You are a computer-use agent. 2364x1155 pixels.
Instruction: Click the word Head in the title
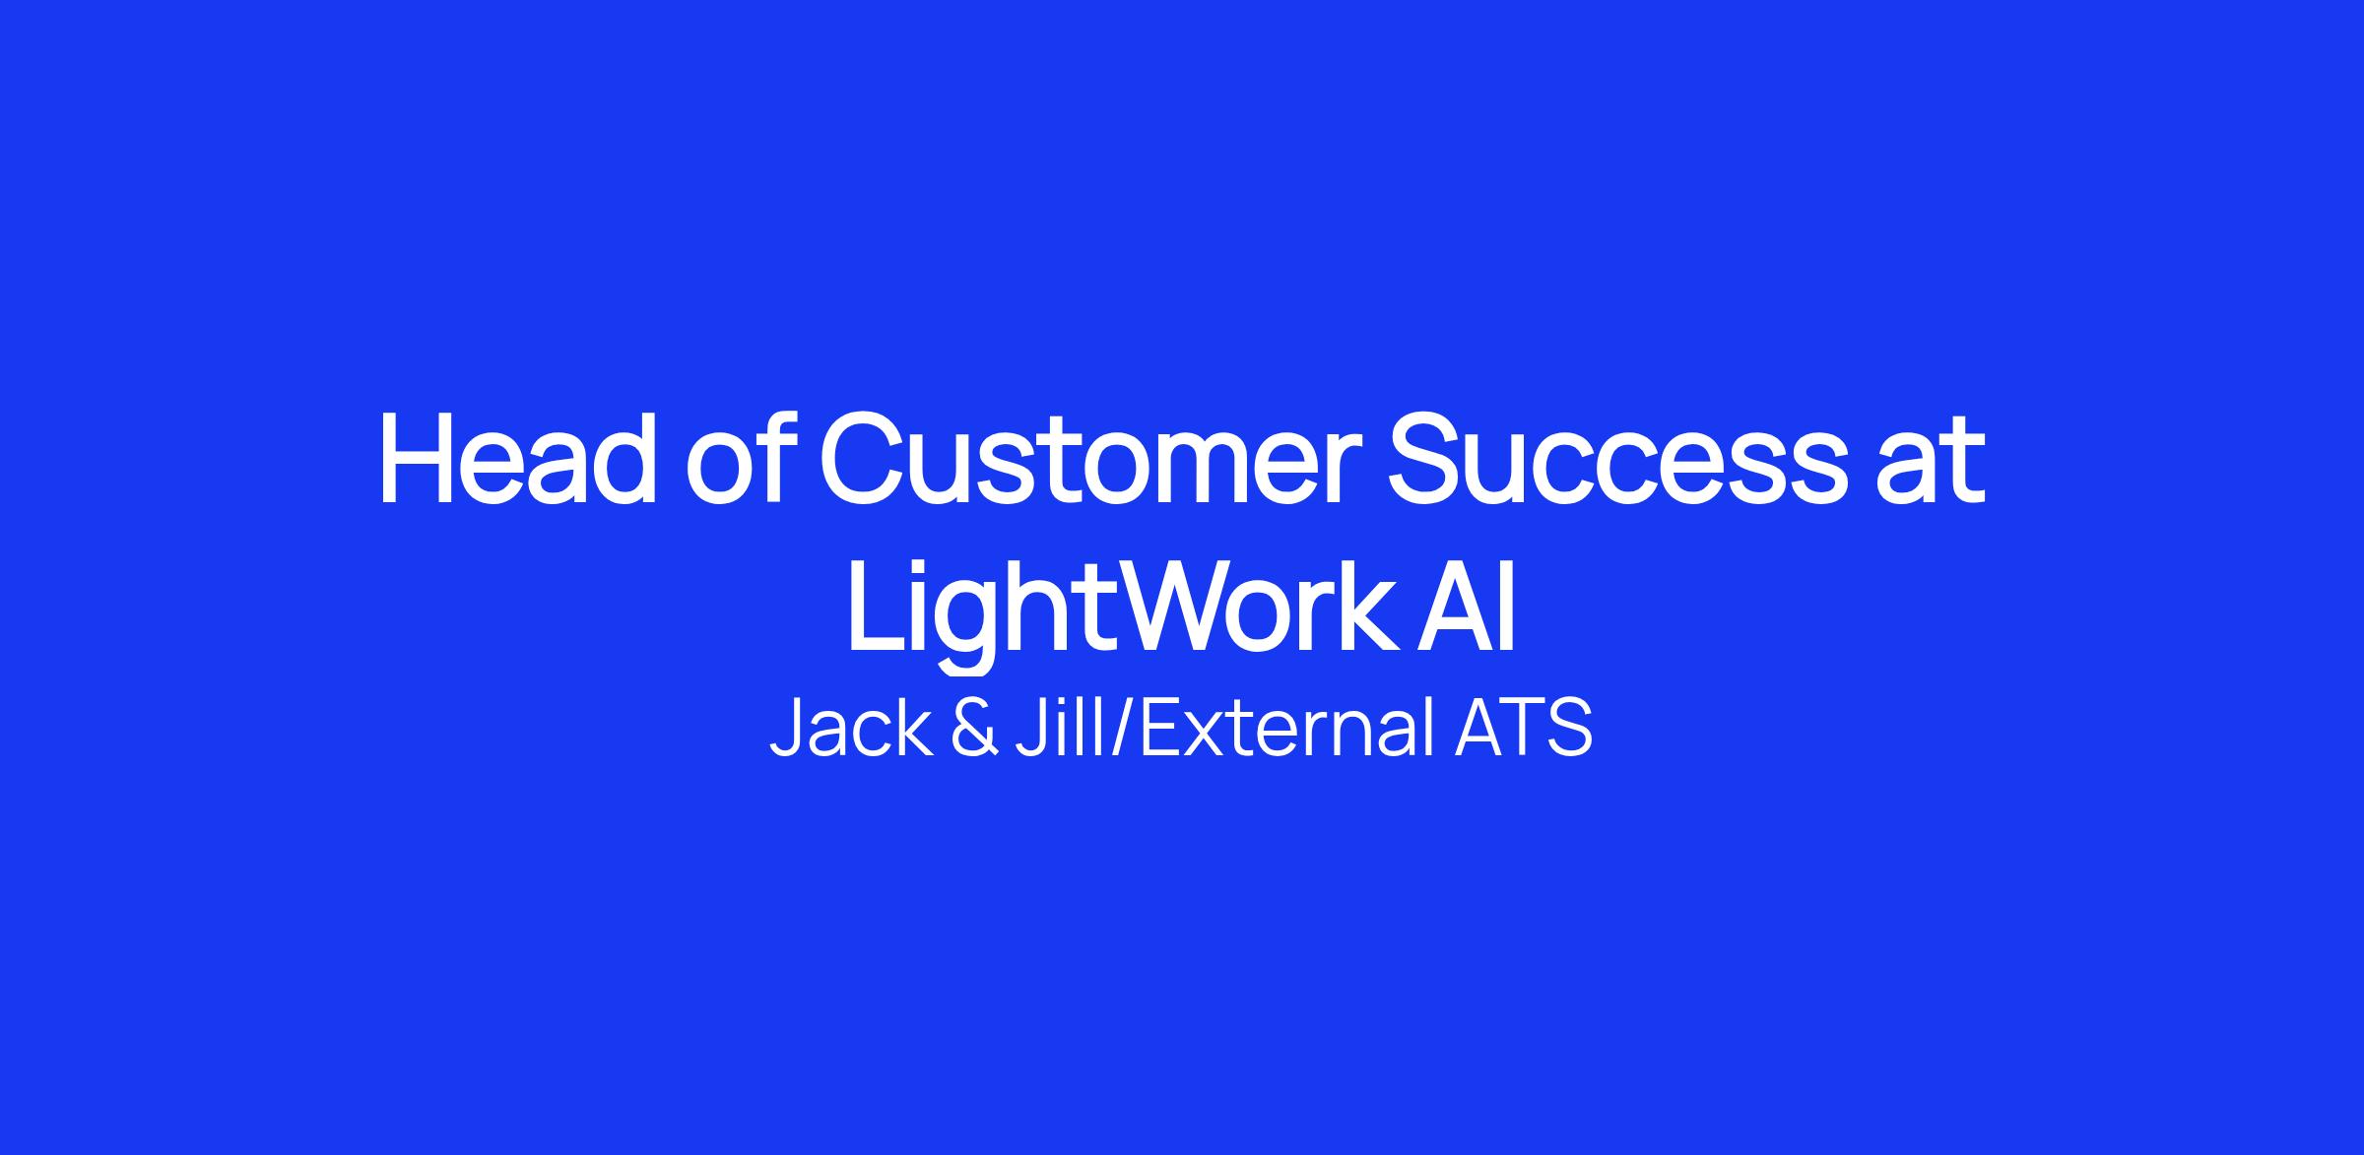pyautogui.click(x=518, y=459)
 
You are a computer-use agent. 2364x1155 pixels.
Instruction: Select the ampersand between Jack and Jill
pyautogui.click(x=974, y=729)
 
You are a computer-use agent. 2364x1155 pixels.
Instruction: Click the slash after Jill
pyautogui.click(x=1123, y=729)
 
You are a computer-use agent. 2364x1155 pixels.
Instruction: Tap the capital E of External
pyautogui.click(x=1164, y=729)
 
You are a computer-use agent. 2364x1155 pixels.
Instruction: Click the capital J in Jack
pyautogui.click(x=788, y=729)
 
